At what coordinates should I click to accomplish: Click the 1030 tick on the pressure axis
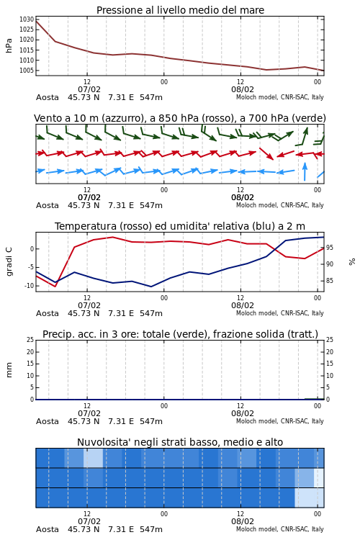point(27,19)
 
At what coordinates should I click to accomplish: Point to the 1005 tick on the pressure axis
point(27,71)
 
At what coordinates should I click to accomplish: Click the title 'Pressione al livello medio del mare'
point(180,10)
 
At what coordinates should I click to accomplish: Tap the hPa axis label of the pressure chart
point(9,45)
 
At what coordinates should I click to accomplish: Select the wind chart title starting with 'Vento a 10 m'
point(180,118)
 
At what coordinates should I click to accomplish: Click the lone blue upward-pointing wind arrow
point(305,171)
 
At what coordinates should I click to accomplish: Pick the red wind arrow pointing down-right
point(266,153)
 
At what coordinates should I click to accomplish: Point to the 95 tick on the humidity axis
point(330,248)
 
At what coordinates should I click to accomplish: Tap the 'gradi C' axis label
point(9,261)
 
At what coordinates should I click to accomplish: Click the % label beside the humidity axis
point(352,262)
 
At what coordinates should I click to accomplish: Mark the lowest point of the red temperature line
point(55,286)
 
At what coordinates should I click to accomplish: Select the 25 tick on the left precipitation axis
point(30,340)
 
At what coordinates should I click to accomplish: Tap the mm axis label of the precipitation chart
point(9,370)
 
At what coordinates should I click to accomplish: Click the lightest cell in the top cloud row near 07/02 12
point(93,458)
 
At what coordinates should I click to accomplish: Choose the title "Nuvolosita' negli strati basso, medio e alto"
point(180,442)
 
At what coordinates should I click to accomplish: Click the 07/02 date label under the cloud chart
point(89,521)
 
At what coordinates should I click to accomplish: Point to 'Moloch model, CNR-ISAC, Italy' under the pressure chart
point(280,97)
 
